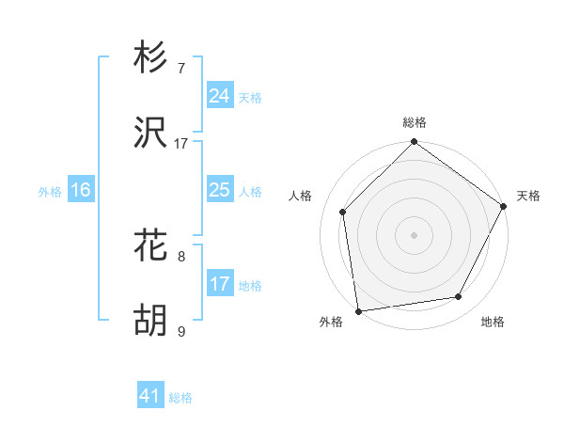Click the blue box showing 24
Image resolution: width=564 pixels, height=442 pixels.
pos(219,96)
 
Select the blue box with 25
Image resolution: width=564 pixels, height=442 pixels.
pos(219,190)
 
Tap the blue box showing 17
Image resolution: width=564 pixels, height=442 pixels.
pos(219,284)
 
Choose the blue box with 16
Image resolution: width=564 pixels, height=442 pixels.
pos(80,190)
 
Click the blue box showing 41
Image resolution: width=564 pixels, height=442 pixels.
pos(150,396)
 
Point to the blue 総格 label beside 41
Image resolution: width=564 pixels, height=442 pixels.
pos(180,398)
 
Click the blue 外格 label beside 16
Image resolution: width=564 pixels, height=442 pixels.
pos(50,192)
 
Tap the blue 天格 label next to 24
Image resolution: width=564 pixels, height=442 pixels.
pos(250,98)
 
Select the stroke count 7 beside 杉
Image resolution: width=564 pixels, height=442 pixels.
pos(181,69)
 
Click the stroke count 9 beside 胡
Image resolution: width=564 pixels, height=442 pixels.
pos(181,331)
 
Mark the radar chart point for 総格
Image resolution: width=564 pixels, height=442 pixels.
pos(414,143)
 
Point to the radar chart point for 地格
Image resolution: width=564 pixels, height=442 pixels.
pos(459,296)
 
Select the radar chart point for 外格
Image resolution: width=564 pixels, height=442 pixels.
pos(358,310)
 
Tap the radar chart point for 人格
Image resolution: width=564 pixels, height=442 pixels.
pos(343,212)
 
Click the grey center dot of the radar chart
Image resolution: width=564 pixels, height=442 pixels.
pos(414,234)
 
